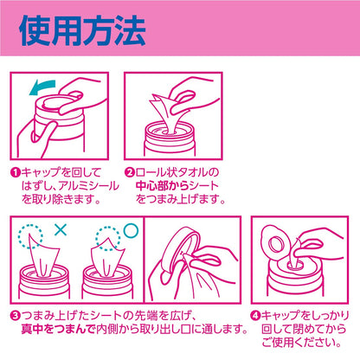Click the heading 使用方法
[82, 30]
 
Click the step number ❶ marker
[15, 173]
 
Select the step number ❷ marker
[130, 173]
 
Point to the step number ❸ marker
[15, 316]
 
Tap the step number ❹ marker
[256, 316]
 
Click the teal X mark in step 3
[61, 229]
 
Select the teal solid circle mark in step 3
[131, 230]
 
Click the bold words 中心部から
[162, 186]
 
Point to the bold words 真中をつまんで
[58, 329]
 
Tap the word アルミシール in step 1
[88, 186]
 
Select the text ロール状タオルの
[177, 173]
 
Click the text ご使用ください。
[302, 343]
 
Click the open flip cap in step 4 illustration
[275, 242]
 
